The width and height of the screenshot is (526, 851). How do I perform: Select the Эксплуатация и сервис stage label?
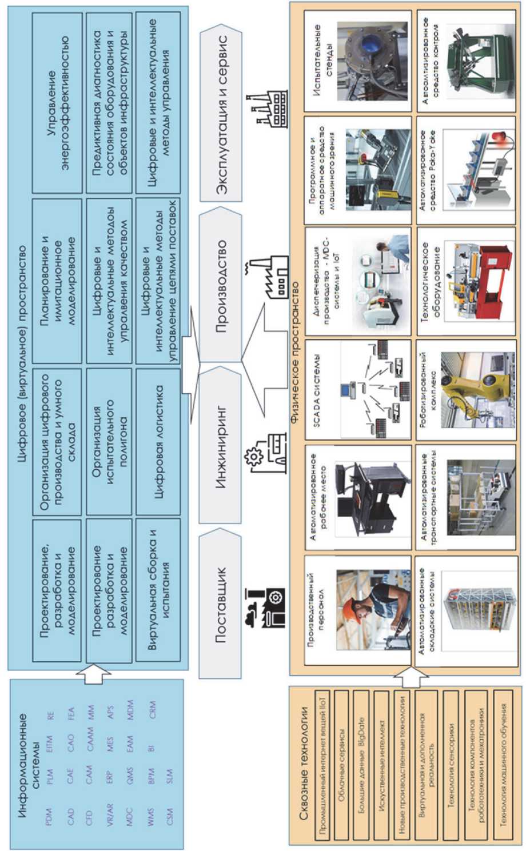click(221, 114)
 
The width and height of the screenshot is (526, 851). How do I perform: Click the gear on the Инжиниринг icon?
click(252, 457)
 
